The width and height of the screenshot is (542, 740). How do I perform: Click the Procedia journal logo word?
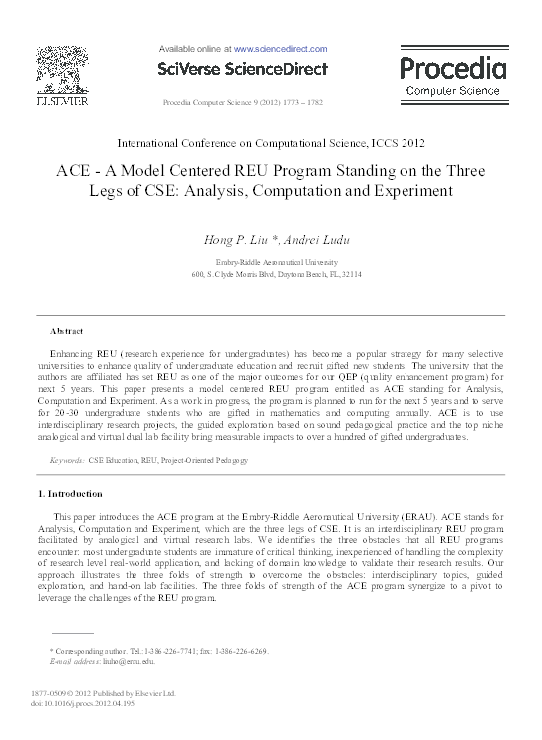(x=452, y=68)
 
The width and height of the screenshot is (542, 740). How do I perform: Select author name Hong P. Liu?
(x=237, y=238)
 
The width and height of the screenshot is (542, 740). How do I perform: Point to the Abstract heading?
(x=67, y=330)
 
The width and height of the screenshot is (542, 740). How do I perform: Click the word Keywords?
(x=68, y=461)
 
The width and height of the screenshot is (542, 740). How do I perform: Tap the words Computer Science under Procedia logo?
(x=452, y=91)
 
